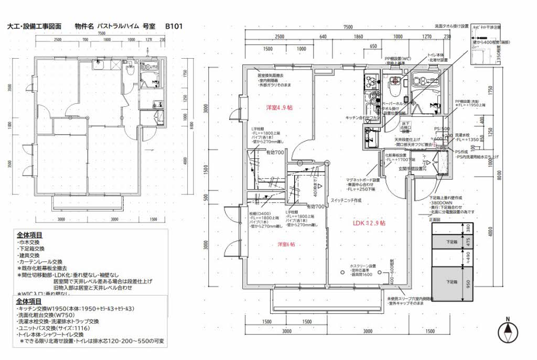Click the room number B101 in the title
pyautogui.click(x=174, y=25)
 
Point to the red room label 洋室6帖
pyautogui.click(x=286, y=245)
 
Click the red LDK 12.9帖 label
pyautogui.click(x=369, y=223)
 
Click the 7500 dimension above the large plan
pyautogui.click(x=347, y=27)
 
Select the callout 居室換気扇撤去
pyautogui.click(x=271, y=75)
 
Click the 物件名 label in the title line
pyautogui.click(x=84, y=25)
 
